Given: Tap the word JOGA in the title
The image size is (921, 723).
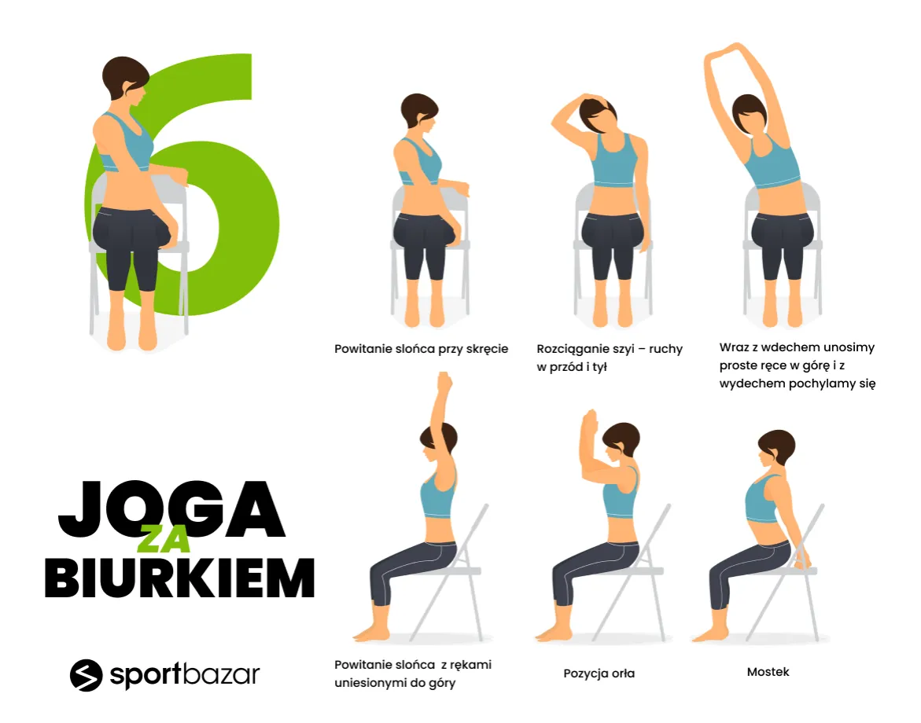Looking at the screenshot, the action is pyautogui.click(x=171, y=509).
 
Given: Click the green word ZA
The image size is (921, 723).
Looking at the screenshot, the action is pyautogui.click(x=164, y=539).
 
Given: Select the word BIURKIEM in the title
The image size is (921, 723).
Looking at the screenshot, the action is pyautogui.click(x=180, y=578).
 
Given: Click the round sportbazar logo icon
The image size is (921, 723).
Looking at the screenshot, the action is pyautogui.click(x=87, y=675).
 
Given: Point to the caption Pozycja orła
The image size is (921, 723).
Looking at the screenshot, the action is pyautogui.click(x=599, y=673).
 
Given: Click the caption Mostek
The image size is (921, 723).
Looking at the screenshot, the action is pyautogui.click(x=768, y=672).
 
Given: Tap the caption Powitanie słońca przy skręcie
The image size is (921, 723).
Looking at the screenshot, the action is pyautogui.click(x=421, y=349).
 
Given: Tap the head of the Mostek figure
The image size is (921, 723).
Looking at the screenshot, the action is pyautogui.click(x=776, y=449).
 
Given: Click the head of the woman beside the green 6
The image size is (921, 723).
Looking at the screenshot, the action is pyautogui.click(x=126, y=79).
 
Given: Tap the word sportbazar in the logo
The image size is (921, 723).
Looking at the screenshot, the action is pyautogui.click(x=184, y=675).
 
